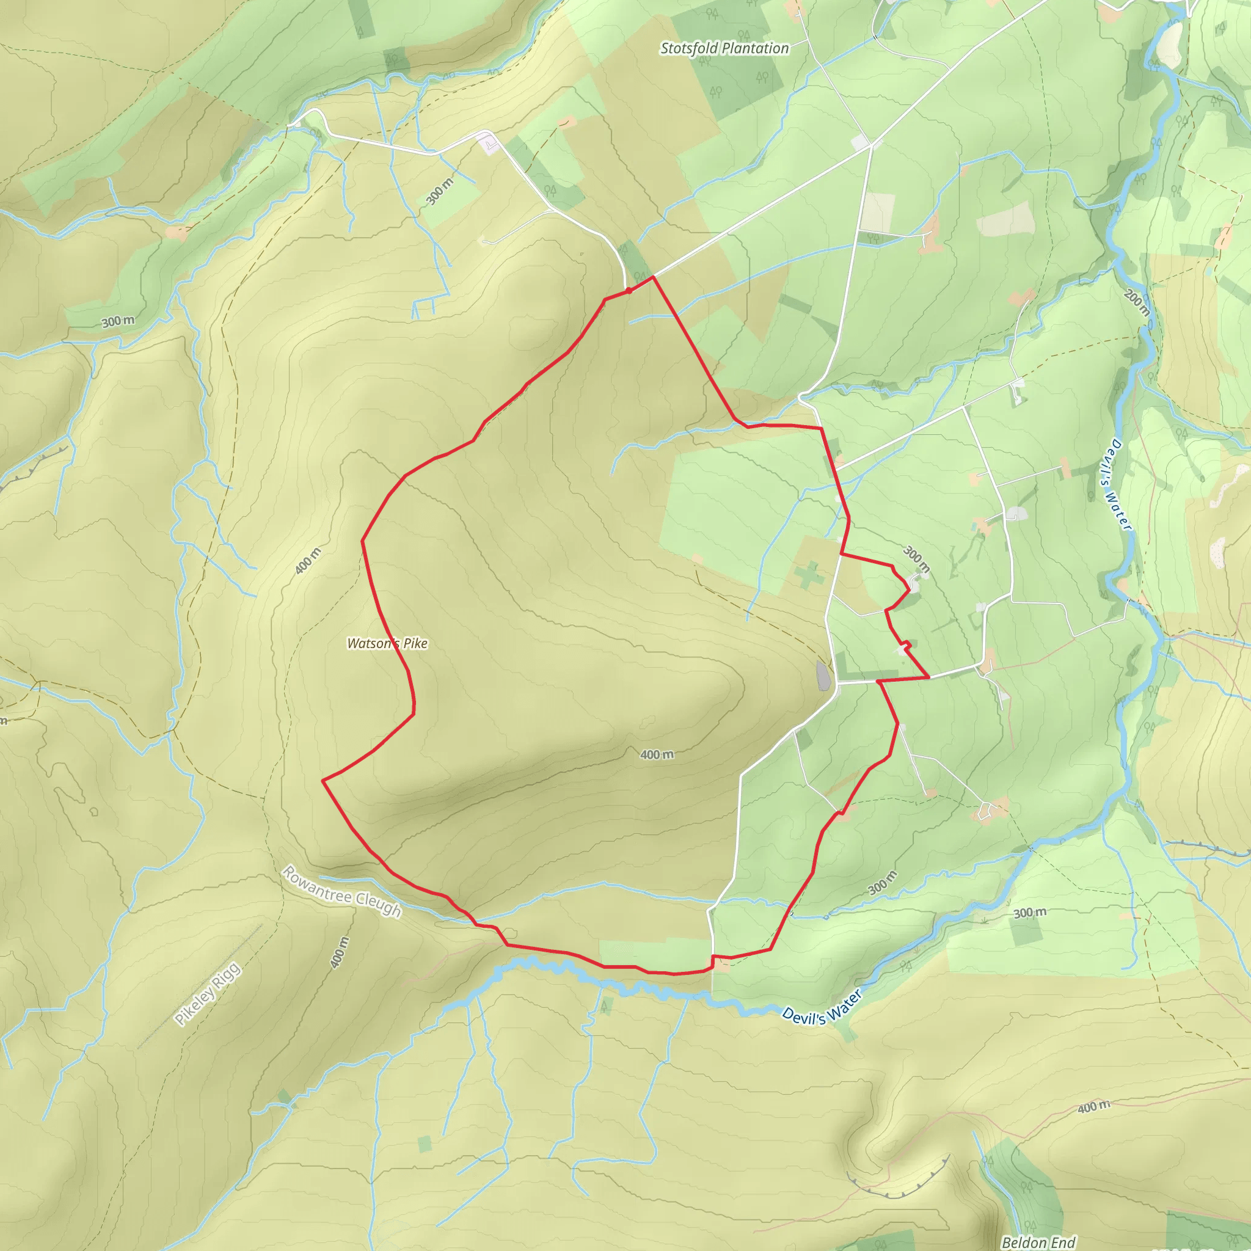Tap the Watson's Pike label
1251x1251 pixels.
coord(387,643)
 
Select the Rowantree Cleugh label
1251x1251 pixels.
coord(342,892)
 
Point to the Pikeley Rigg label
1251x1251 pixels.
coord(208,994)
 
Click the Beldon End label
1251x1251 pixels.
coord(1038,1242)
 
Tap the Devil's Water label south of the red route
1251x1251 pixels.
coord(821,1007)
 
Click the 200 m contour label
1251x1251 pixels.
coord(1137,302)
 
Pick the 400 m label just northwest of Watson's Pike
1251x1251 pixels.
coord(308,561)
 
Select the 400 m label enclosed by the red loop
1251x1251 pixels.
coord(657,754)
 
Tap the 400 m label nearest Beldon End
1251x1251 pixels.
coord(1093,1107)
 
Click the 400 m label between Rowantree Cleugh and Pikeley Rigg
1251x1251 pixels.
coord(338,952)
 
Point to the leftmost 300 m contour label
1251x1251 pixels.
coord(118,321)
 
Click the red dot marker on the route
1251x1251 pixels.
coord(629,291)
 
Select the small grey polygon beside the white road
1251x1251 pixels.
coord(822,676)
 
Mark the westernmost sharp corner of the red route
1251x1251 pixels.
coord(323,781)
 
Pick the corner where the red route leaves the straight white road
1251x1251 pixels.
coord(654,277)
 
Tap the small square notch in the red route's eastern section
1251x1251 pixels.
coord(906,644)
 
